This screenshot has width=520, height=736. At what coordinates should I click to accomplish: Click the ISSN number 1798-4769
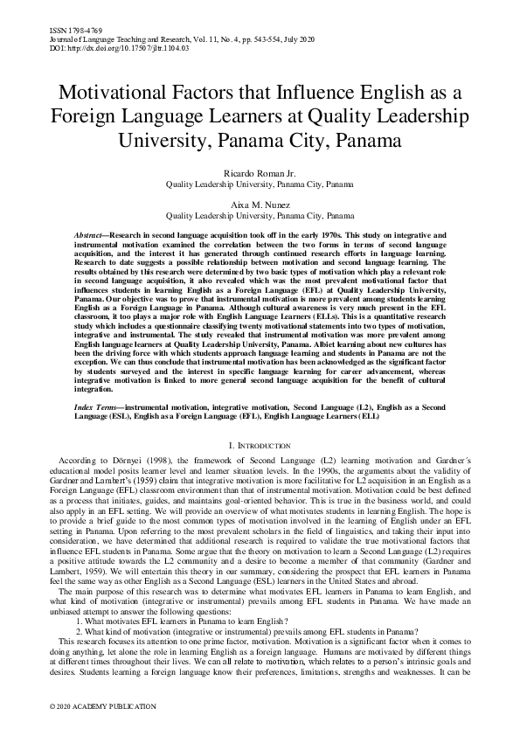(72, 31)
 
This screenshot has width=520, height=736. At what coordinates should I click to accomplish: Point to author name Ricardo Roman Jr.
(260, 173)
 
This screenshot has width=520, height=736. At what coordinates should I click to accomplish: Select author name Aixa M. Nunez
(260, 203)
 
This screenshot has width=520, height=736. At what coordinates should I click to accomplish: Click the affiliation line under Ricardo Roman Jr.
(260, 185)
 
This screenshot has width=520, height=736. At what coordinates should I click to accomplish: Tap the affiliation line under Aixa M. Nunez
(260, 214)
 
